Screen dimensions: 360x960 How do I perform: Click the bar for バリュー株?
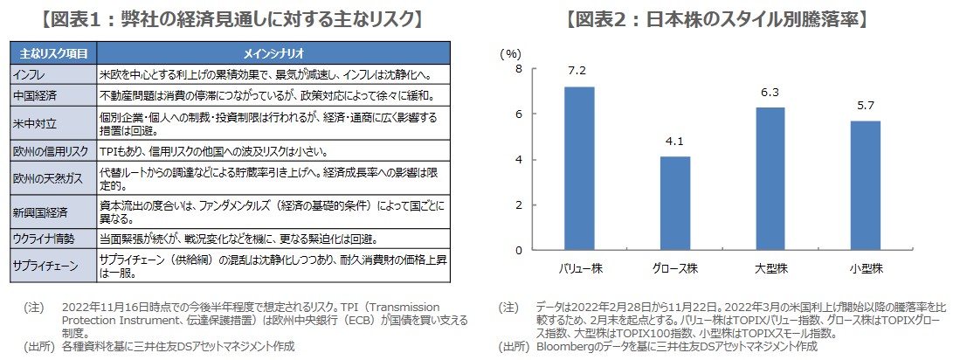pyautogui.click(x=579, y=168)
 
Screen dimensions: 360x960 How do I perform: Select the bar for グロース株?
pyautogui.click(x=674, y=203)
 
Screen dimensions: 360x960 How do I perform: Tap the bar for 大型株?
pyautogui.click(x=770, y=178)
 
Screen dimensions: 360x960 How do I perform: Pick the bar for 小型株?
pyautogui.click(x=865, y=185)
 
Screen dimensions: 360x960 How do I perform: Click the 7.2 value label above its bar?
pyautogui.click(x=579, y=69)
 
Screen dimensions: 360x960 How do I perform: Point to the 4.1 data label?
pyautogui.click(x=674, y=140)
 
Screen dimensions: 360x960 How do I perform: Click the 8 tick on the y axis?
pyautogui.click(x=519, y=69)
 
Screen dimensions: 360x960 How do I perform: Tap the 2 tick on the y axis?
pyautogui.click(x=519, y=205)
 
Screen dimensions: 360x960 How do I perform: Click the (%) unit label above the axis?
pyautogui.click(x=509, y=53)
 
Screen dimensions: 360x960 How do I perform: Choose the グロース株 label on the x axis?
pyautogui.click(x=674, y=267)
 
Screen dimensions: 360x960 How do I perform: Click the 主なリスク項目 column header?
pyautogui.click(x=53, y=52)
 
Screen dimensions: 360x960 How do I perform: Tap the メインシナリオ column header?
pyautogui.click(x=273, y=52)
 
